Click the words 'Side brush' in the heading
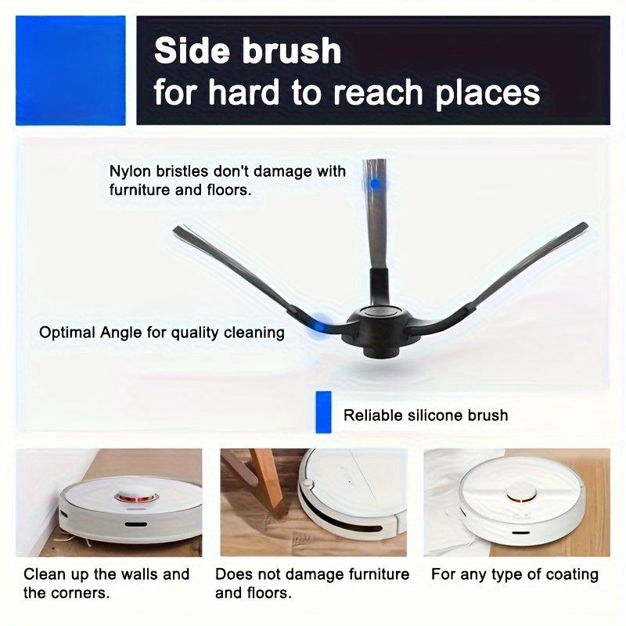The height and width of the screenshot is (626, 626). coord(247,52)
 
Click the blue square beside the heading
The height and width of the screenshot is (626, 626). coord(70,70)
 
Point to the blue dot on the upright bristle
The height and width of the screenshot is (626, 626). coord(375,183)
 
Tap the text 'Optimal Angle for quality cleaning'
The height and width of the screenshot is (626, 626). coord(162,333)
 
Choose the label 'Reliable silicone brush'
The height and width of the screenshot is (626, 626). coord(426,415)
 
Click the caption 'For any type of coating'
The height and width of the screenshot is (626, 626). coord(514,574)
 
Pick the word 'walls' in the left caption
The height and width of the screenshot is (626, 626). coord(136,574)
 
